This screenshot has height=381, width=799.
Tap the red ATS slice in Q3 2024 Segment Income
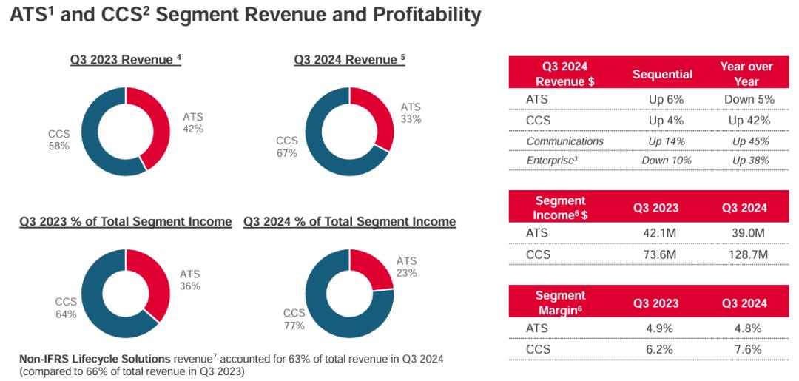[x=374, y=266]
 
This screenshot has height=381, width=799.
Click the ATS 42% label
[x=193, y=123]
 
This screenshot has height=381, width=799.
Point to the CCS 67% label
[x=286, y=146]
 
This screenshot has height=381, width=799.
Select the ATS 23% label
[x=406, y=266]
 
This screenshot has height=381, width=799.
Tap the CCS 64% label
[x=65, y=308]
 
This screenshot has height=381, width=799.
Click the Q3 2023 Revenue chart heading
[x=126, y=60]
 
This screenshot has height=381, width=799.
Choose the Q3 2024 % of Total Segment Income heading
[x=349, y=221]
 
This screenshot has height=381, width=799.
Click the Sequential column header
[x=662, y=74]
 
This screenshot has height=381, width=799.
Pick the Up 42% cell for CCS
[x=749, y=120]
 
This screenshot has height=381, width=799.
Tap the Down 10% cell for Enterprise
[x=665, y=160]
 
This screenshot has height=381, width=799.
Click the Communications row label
[x=564, y=141]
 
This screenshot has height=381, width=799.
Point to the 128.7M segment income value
[x=745, y=254]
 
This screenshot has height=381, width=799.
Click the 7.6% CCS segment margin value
[x=745, y=349]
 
